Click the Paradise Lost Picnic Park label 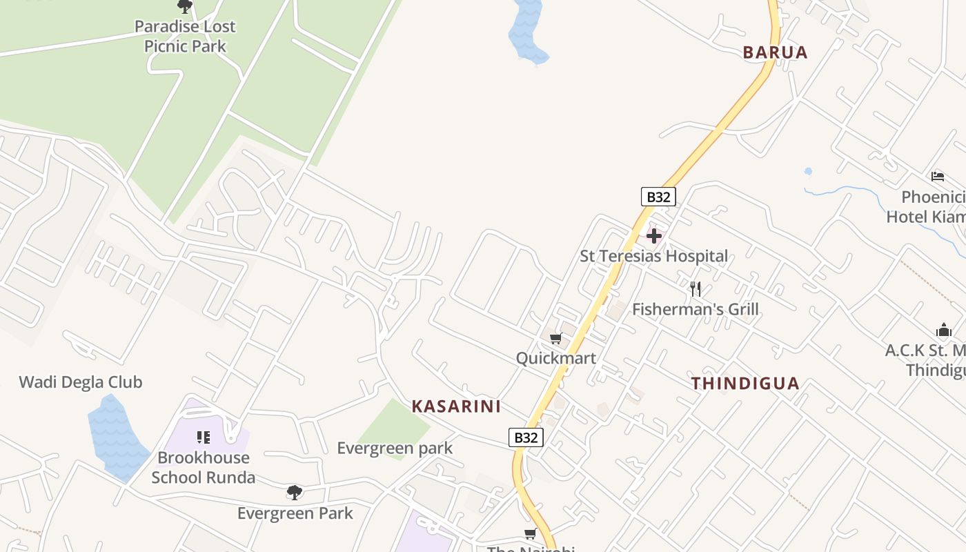[x=185, y=36]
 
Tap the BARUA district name [x=775, y=52]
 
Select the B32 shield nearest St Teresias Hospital [x=658, y=197]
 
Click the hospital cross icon [x=654, y=237]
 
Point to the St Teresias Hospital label [x=653, y=257]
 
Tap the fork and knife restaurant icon [x=696, y=289]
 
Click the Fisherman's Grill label [x=696, y=309]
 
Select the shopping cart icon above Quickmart [x=555, y=338]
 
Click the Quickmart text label [x=556, y=358]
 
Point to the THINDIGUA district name [x=745, y=384]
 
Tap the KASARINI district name [x=456, y=406]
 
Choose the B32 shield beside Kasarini [x=526, y=437]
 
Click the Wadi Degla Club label [x=81, y=382]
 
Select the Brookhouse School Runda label [x=204, y=467]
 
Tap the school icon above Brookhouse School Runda [x=203, y=437]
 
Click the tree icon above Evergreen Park [x=295, y=493]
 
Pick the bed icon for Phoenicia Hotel [x=937, y=177]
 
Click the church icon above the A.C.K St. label [x=943, y=330]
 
